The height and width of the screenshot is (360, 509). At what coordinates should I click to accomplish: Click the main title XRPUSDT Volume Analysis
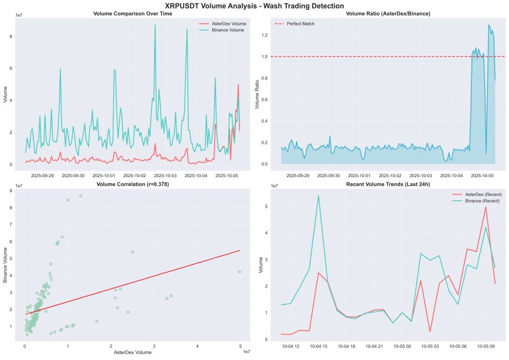(x=254, y=6)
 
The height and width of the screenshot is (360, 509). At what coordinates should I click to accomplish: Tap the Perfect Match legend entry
(x=301, y=23)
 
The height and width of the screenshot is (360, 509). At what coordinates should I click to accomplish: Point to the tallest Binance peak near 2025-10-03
(x=155, y=25)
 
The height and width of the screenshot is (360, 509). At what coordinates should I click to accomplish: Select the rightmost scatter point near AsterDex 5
(x=239, y=272)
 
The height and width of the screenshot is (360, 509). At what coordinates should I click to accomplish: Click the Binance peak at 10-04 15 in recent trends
(x=318, y=196)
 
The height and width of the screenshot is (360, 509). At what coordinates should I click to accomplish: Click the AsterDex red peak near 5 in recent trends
(x=486, y=207)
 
